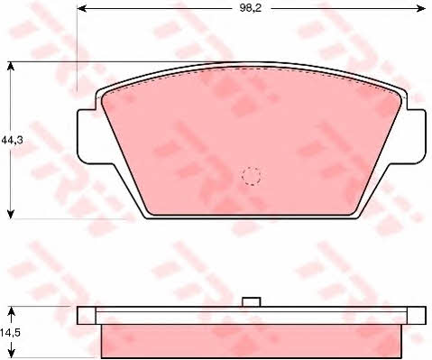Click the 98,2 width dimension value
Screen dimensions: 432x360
pyautogui.click(x=251, y=8)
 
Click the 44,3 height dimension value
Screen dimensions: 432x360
pyautogui.click(x=12, y=140)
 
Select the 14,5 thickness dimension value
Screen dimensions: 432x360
pyautogui.click(x=10, y=333)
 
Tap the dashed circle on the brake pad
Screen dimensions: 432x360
pyautogui.click(x=252, y=176)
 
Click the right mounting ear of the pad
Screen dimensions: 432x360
pyautogui.click(x=417, y=136)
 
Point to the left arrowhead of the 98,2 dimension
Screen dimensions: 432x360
pyautogui.click(x=82, y=8)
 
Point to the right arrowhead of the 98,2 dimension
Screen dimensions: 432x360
pyautogui.click(x=420, y=8)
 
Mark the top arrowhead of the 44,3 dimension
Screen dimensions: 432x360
pyautogui.click(x=11, y=66)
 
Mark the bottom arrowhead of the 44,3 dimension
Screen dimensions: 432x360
pyautogui.click(x=11, y=214)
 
